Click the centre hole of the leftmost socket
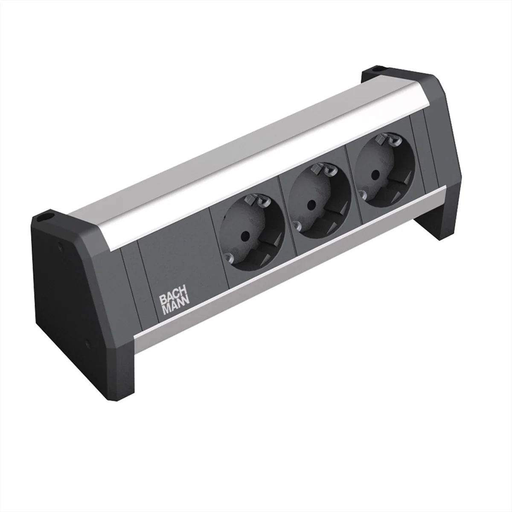[245, 235]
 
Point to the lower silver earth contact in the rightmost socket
[363, 195]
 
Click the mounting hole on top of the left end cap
[44, 218]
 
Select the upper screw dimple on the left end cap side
[58, 246]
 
